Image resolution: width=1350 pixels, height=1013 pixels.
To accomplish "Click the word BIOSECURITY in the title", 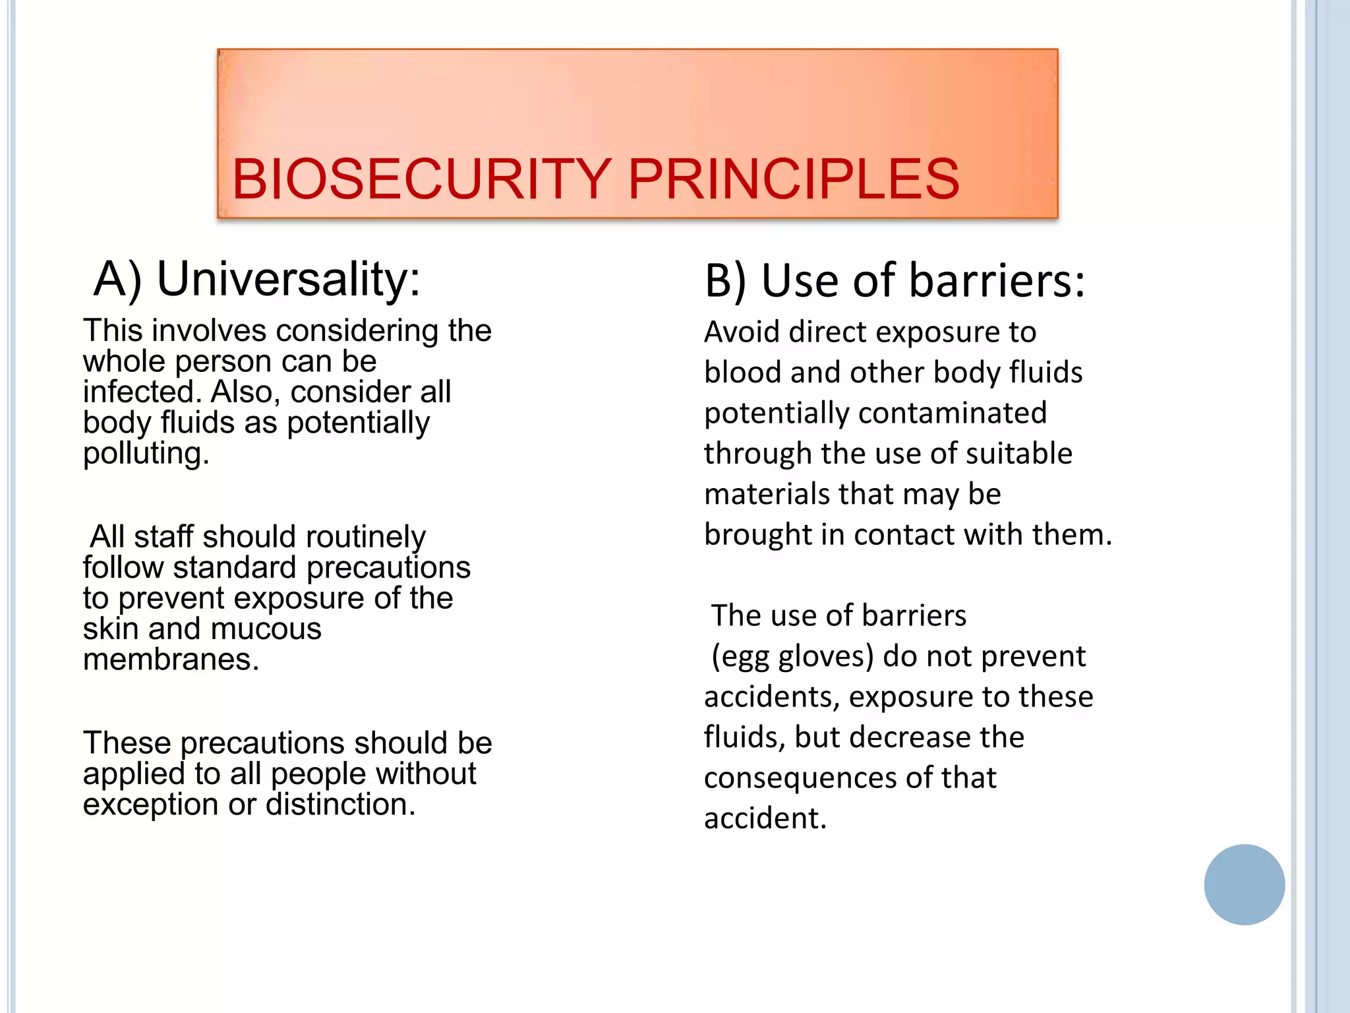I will click(x=421, y=179).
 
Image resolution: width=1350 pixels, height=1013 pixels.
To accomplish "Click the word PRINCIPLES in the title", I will click(x=794, y=179).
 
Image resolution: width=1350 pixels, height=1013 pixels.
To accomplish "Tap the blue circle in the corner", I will click(x=1244, y=884).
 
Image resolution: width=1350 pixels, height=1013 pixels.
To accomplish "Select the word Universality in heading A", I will click(x=288, y=279).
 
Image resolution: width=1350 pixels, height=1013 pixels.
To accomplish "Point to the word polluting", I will click(x=146, y=454).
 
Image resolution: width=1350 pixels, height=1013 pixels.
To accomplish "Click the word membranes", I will click(x=171, y=660).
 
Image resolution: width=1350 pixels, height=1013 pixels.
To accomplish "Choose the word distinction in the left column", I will click(x=340, y=805).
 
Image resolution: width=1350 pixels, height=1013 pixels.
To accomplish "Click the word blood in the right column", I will click(x=743, y=373).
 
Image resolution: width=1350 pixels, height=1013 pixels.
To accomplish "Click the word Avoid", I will click(x=742, y=332).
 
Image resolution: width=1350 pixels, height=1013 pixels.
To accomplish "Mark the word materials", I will click(x=765, y=495).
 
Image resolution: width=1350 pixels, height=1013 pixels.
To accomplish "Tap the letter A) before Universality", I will click(x=117, y=279).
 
